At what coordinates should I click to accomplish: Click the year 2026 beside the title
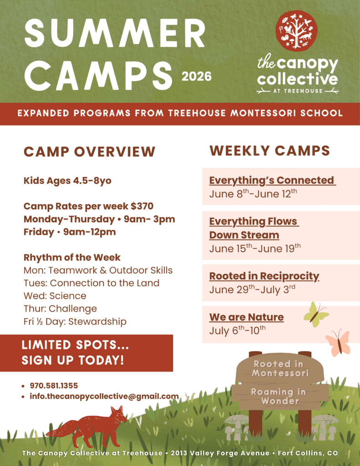197,76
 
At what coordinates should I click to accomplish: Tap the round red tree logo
296,31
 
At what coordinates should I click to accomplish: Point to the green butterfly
316,314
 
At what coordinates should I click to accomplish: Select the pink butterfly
338,343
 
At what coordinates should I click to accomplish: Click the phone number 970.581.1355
54,386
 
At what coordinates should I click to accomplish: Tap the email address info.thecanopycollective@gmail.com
104,396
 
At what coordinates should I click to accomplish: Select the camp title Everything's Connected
272,180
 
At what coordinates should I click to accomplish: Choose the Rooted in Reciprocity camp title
264,276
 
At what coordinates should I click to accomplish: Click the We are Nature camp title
246,317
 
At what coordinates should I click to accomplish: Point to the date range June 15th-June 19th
255,248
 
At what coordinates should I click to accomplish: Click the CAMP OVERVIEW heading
90,152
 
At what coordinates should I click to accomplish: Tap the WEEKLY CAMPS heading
270,151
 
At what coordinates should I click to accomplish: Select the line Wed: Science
55,296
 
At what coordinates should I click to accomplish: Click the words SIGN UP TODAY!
73,360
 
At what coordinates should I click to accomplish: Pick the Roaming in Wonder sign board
280,396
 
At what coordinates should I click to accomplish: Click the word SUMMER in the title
115,33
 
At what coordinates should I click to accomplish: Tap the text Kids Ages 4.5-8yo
67,181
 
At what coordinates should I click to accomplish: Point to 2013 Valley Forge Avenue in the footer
220,453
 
